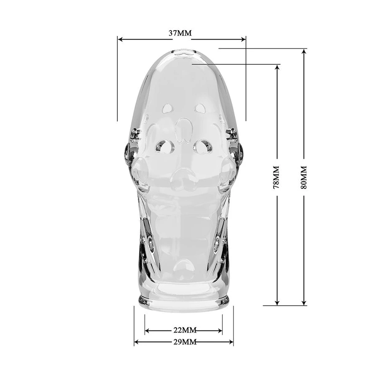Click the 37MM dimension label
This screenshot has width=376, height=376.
pos(180,33)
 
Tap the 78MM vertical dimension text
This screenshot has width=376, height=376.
pos(277,177)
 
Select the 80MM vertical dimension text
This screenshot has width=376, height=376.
pos(304,177)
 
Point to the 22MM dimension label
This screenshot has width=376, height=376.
pos(185,330)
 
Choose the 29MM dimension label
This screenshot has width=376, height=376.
pos(185,342)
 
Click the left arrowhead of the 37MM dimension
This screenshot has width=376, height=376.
pos(120,39)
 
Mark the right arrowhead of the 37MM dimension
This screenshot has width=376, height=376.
pos(243,39)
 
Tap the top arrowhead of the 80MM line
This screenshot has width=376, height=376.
pos(304,51)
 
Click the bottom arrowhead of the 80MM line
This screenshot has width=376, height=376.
pos(304,302)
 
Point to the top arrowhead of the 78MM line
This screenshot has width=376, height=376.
pos(277,67)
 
